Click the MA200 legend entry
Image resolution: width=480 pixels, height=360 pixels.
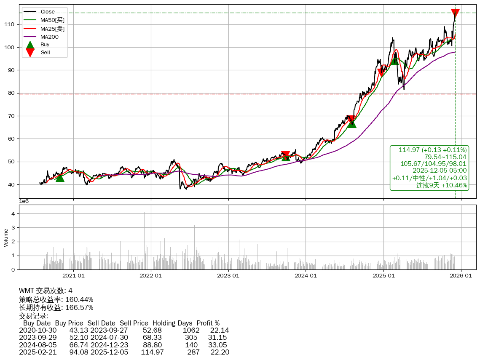pos(49,37)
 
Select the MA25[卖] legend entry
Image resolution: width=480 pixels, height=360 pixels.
pos(52,29)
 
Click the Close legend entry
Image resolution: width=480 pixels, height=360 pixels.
pos(48,12)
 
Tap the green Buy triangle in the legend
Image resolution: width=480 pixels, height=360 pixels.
pos(30,44)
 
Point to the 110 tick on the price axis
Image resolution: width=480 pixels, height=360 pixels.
pos(13,24)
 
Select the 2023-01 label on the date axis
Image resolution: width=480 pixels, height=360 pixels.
pos(228,276)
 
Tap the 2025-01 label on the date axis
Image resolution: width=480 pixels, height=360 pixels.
pos(383,276)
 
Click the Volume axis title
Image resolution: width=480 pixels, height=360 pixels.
pos(6,237)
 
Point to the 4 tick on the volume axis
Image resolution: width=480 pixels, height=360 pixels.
pos(13,213)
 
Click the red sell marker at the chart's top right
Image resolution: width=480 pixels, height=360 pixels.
pos(455,13)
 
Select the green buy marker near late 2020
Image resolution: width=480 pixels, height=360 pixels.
pos(60,178)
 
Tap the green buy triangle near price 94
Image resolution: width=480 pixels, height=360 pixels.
pos(394,61)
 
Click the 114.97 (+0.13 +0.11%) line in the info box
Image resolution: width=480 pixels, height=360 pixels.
pos(432,150)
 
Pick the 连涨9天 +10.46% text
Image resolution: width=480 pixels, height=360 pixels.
pos(442,185)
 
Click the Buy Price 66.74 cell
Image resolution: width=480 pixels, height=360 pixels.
pos(79,344)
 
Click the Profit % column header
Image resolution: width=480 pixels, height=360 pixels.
pos(208,323)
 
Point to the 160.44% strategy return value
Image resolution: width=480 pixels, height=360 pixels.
pos(79,299)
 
